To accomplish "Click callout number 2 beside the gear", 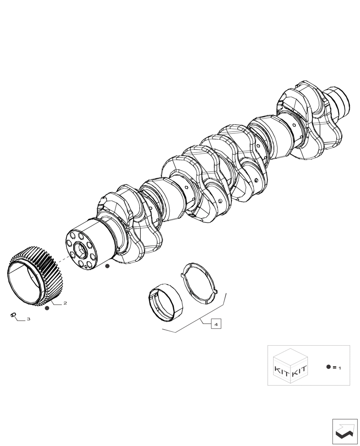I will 65,303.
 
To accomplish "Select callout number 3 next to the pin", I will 29,319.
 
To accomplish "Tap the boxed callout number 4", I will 216,324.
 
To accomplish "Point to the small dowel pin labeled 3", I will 13,316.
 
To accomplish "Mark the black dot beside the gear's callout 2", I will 47,308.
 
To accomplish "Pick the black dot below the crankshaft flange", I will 107,266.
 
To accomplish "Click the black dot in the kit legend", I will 328,367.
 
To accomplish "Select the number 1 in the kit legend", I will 340,368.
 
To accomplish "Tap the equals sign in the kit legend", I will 334,367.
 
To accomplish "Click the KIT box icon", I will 290,366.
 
